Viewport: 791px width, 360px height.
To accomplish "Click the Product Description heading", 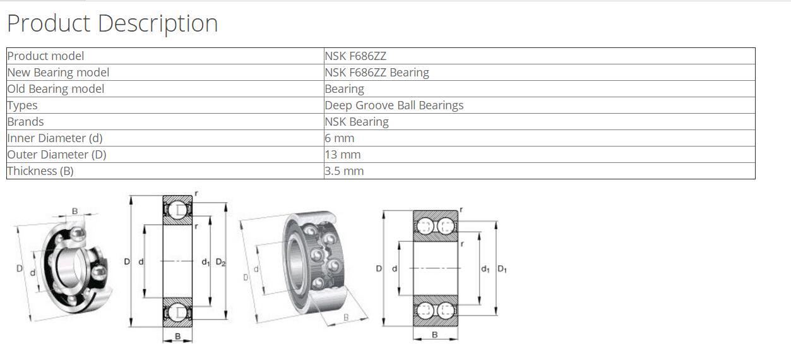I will pyautogui.click(x=112, y=23).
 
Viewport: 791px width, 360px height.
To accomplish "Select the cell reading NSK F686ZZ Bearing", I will pyautogui.click(x=377, y=73).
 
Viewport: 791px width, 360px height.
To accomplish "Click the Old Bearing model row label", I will pyautogui.click(x=56, y=89).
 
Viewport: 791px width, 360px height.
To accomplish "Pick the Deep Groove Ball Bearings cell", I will pyautogui.click(x=394, y=105).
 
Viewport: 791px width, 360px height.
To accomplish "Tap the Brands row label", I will pyautogui.click(x=26, y=122).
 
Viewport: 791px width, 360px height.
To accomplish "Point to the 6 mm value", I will pyautogui.click(x=340, y=138).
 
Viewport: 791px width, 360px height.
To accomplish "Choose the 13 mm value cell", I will pyautogui.click(x=343, y=155).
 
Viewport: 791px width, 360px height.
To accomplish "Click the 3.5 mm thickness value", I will pyautogui.click(x=344, y=171).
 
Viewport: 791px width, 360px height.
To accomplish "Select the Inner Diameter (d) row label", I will pyautogui.click(x=55, y=138).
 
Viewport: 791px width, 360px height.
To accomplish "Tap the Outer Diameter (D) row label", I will pyautogui.click(x=57, y=155).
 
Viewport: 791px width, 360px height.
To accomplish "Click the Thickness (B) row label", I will pyautogui.click(x=40, y=171).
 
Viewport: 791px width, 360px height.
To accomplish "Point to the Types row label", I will pyautogui.click(x=23, y=105).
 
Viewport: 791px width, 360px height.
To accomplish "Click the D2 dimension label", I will pyautogui.click(x=220, y=262).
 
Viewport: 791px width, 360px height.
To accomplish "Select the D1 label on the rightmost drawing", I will pyautogui.click(x=502, y=269).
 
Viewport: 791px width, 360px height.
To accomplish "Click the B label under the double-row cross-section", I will pyautogui.click(x=435, y=335).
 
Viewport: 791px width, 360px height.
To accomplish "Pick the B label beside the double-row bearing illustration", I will pyautogui.click(x=346, y=317).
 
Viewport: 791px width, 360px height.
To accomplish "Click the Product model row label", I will pyautogui.click(x=45, y=56).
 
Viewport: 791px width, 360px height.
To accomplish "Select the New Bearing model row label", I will pyautogui.click(x=58, y=73).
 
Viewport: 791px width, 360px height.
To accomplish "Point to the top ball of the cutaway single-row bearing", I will pyautogui.click(x=78, y=234).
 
